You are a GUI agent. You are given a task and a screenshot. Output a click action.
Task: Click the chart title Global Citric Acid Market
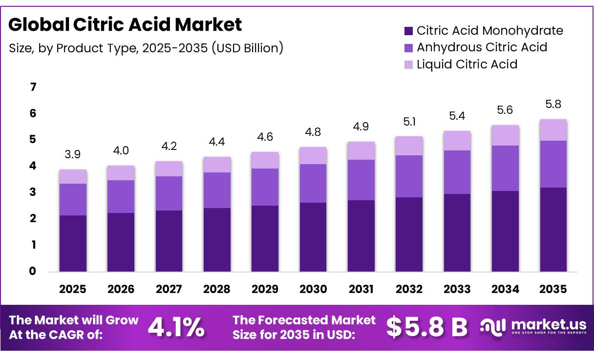(125, 24)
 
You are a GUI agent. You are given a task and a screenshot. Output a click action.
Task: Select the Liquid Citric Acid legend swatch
(408, 64)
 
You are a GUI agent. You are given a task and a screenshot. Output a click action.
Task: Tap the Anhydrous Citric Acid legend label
(482, 47)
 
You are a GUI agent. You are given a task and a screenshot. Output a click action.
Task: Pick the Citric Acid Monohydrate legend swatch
(408, 31)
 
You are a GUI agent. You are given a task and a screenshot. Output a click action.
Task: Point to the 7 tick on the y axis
(33, 87)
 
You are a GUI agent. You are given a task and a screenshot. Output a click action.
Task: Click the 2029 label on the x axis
(265, 289)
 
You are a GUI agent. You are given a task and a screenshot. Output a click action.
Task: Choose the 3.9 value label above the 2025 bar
(73, 154)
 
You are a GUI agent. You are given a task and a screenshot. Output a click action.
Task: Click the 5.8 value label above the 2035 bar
(553, 104)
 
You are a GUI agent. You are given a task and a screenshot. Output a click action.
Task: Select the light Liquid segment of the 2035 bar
(553, 130)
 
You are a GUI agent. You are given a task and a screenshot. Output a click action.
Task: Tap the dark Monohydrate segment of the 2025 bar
(73, 243)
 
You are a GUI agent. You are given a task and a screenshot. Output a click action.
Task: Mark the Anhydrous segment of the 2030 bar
(313, 184)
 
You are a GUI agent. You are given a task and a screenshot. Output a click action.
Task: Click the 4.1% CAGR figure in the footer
(176, 328)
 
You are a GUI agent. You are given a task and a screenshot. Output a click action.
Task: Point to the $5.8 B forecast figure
(426, 327)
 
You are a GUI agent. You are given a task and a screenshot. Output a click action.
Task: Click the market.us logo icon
(493, 328)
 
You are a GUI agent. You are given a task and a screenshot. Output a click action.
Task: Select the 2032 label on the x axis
(409, 289)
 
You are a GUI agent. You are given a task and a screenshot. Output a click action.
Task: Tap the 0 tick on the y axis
(33, 271)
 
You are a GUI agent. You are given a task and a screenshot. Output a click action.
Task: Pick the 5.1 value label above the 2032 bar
(409, 122)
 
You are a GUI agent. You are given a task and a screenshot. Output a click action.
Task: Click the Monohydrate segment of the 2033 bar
(457, 233)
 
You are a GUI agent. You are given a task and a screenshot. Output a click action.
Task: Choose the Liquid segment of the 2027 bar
(169, 169)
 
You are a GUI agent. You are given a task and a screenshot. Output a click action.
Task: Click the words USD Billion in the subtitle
(248, 48)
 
